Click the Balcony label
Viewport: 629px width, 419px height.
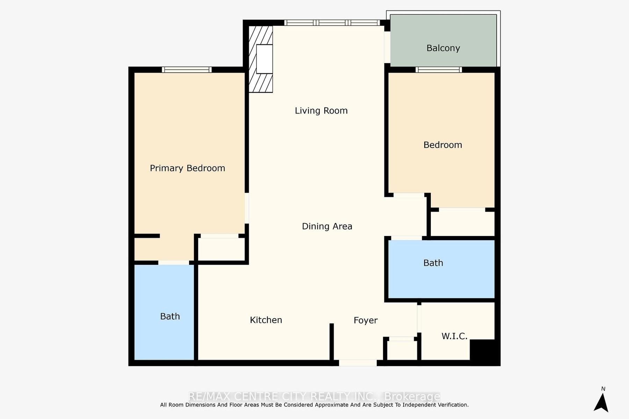[443, 48]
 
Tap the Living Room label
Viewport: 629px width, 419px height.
[321, 111]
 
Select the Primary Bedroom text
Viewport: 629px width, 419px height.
[187, 168]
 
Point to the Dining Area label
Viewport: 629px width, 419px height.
[327, 226]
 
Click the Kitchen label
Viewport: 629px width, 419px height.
[266, 320]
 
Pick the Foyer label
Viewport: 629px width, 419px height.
[366, 321]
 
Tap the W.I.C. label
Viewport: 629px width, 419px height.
[454, 336]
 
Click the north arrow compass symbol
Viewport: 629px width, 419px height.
[601, 403]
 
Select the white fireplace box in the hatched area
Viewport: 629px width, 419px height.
[265, 59]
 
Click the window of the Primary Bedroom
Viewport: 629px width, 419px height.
[187, 69]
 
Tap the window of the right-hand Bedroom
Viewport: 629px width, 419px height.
[439, 69]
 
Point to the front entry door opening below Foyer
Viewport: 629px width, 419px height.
[358, 363]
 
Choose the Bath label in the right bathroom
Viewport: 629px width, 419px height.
[433, 263]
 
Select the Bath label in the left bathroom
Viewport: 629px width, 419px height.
[170, 316]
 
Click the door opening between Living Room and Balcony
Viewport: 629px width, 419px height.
[387, 47]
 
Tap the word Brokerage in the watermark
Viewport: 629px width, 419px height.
[412, 397]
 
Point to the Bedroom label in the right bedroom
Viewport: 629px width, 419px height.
[443, 145]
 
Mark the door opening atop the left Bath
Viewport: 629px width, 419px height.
[174, 263]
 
